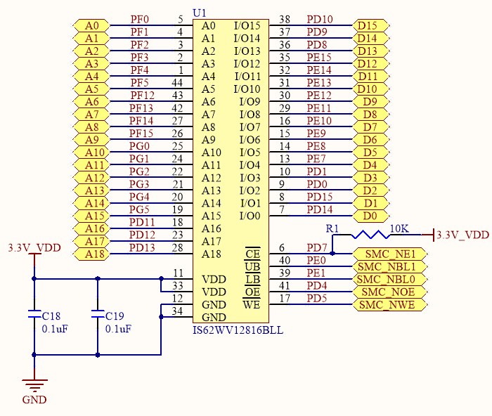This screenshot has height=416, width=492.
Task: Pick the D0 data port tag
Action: (369, 216)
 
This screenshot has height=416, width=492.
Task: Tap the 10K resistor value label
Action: (399, 228)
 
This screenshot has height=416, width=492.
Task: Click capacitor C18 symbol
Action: (34, 316)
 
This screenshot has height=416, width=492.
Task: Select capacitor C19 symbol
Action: (97, 316)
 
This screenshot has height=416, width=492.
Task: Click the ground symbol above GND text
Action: (34, 385)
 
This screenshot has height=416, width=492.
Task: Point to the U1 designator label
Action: (200, 13)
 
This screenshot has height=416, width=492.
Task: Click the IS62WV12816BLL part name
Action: (238, 330)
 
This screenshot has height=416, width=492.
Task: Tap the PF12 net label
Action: (142, 95)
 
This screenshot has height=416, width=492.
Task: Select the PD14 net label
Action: (320, 209)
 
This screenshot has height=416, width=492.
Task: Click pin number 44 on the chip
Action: (177, 83)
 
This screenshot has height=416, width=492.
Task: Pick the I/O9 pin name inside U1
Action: (250, 102)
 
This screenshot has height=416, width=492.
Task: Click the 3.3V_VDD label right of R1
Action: (462, 235)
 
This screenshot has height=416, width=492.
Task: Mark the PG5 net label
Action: (140, 209)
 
